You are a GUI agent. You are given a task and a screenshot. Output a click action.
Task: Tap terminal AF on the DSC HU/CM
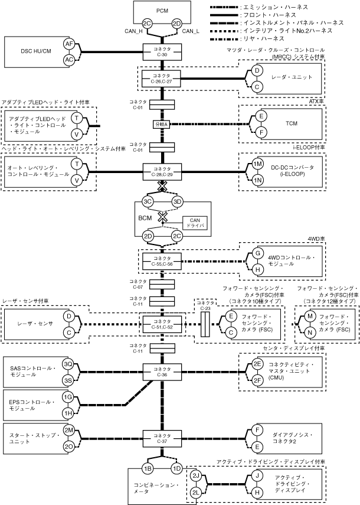[69, 44]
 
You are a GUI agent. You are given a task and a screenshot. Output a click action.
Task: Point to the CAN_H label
[133, 31]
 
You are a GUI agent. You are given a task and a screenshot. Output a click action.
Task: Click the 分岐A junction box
[161, 125]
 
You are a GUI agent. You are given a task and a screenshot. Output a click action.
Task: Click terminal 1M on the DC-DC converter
[257, 164]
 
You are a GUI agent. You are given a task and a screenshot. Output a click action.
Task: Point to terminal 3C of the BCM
[148, 202]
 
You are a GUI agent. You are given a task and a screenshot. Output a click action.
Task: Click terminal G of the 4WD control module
[257, 253]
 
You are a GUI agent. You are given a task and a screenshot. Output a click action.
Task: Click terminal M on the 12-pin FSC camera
[309, 317]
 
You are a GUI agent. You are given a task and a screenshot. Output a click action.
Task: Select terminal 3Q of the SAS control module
[69, 364]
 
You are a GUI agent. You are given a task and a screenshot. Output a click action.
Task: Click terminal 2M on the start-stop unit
[69, 430]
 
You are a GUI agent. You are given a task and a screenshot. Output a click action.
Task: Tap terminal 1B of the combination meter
[148, 468]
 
